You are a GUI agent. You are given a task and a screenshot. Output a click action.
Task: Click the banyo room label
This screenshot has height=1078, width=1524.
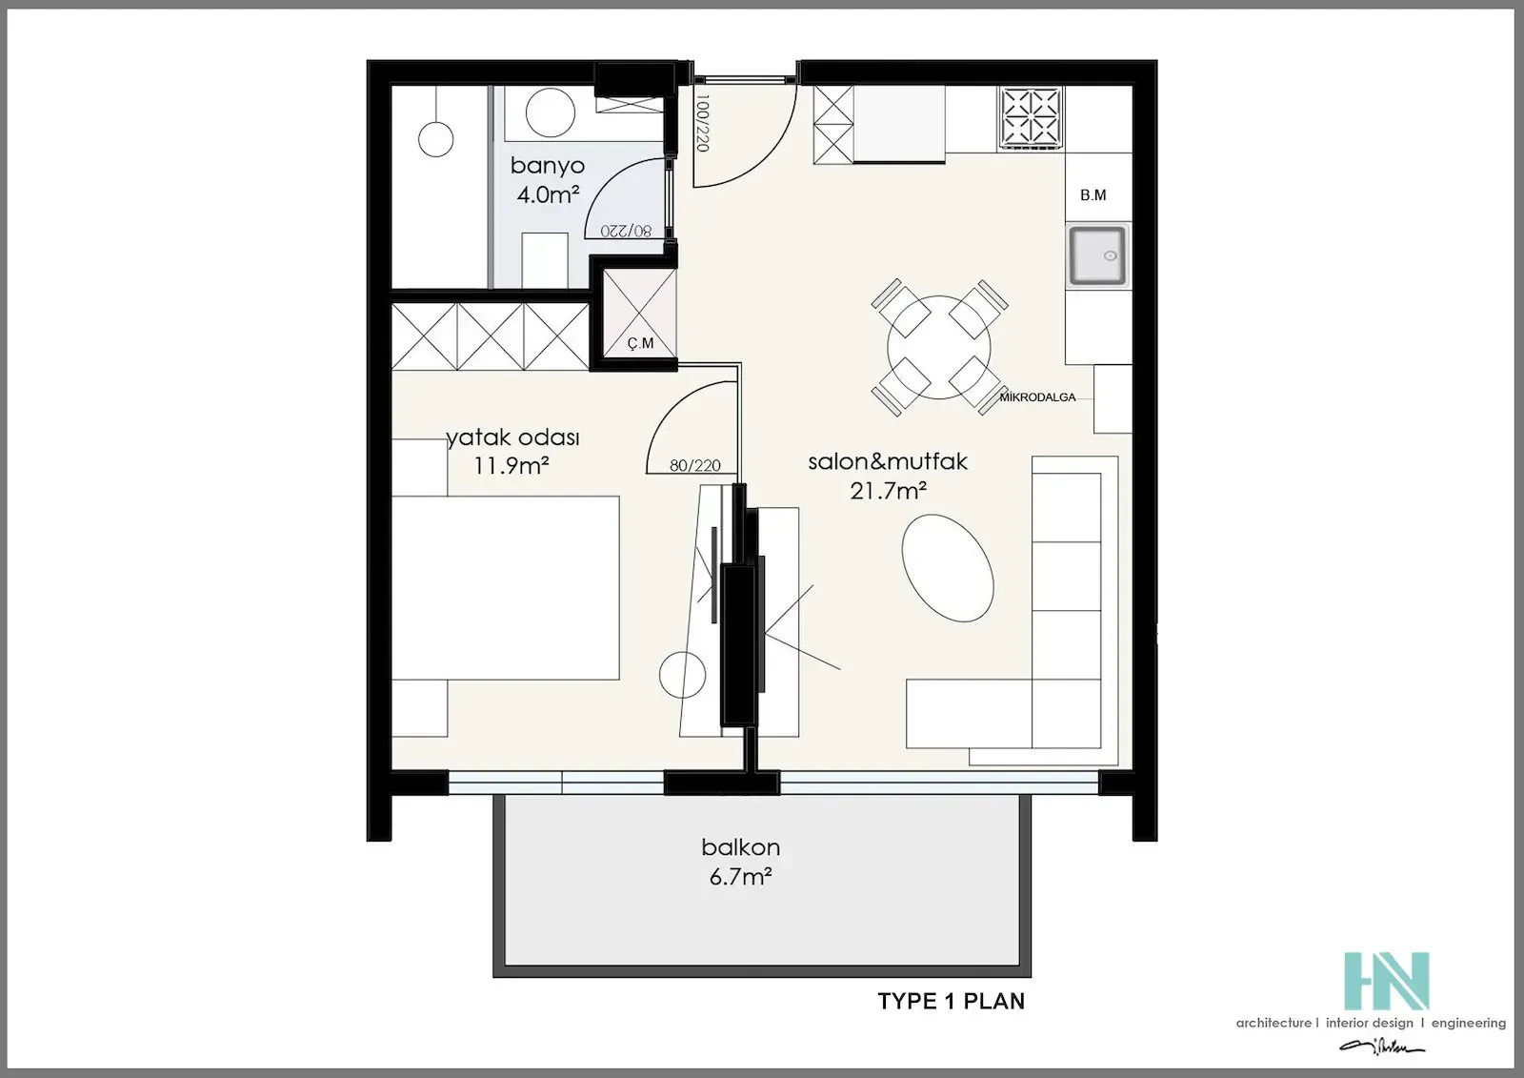547,165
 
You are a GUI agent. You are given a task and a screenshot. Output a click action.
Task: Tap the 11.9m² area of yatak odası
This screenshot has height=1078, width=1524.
511,466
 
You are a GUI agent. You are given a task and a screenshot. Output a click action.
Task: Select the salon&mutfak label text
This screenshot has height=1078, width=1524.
887,461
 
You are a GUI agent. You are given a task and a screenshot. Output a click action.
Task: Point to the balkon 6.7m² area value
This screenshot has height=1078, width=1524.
740,877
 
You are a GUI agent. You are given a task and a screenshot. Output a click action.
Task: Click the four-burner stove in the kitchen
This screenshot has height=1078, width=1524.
1031,117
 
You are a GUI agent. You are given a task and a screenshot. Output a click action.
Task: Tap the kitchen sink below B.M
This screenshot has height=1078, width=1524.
1096,255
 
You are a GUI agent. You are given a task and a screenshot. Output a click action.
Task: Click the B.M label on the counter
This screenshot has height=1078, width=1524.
1093,195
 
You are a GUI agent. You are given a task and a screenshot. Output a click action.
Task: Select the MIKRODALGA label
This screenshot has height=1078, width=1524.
1037,397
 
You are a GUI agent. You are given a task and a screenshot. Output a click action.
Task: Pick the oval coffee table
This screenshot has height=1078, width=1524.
948,568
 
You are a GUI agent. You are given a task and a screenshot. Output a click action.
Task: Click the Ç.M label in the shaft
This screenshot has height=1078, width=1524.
641,343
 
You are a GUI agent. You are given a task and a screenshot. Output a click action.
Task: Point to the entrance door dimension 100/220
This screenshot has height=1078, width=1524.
703,123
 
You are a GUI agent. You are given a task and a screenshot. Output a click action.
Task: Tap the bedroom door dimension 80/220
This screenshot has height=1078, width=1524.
694,466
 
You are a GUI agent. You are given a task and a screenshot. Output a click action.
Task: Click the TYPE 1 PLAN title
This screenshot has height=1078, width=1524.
951,1001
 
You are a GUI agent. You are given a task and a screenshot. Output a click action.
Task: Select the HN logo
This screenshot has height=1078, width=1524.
1386,980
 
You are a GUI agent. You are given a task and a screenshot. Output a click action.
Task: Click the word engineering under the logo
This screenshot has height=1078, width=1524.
1468,1023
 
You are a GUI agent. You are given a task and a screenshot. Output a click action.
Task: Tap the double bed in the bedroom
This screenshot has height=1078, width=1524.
505,587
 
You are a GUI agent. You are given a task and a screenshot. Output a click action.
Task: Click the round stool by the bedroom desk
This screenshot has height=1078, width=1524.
683,674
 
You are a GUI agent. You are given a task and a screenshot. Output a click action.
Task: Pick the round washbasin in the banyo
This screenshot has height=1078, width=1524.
550,113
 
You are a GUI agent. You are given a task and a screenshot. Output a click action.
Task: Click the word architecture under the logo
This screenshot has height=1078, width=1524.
1273,1023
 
